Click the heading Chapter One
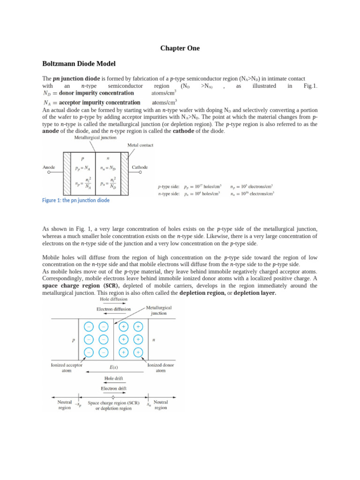tap(180, 48)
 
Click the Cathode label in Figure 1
tap(140, 167)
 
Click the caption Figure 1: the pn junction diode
tap(76, 200)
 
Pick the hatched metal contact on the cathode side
tap(125, 172)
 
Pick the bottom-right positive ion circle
tap(138, 352)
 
